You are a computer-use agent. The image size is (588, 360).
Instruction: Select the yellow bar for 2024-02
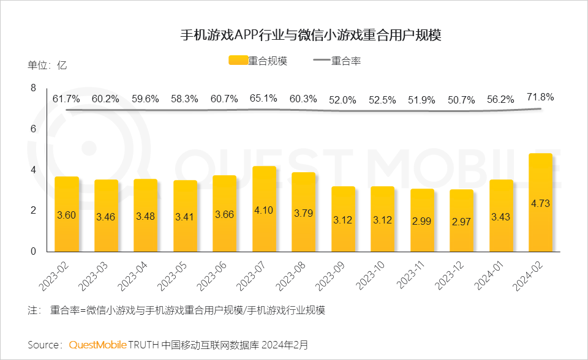pos(540,202)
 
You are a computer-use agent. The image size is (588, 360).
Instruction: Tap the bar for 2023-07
pos(264,209)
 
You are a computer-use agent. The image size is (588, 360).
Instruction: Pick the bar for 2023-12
pos(461,220)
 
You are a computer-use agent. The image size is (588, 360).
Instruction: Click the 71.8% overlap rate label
pos(540,97)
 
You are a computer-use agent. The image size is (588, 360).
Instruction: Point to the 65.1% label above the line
pos(264,98)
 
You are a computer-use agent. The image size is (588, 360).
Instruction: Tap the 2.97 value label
pos(461,222)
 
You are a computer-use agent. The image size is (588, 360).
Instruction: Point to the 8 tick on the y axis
pos(33,88)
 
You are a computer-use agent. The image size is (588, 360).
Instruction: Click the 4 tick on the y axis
pos(33,170)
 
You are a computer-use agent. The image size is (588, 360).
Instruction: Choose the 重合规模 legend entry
pos(258,61)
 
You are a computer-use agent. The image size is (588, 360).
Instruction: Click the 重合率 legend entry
pos(337,61)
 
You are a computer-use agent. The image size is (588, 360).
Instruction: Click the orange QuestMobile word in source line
pos(97,345)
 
